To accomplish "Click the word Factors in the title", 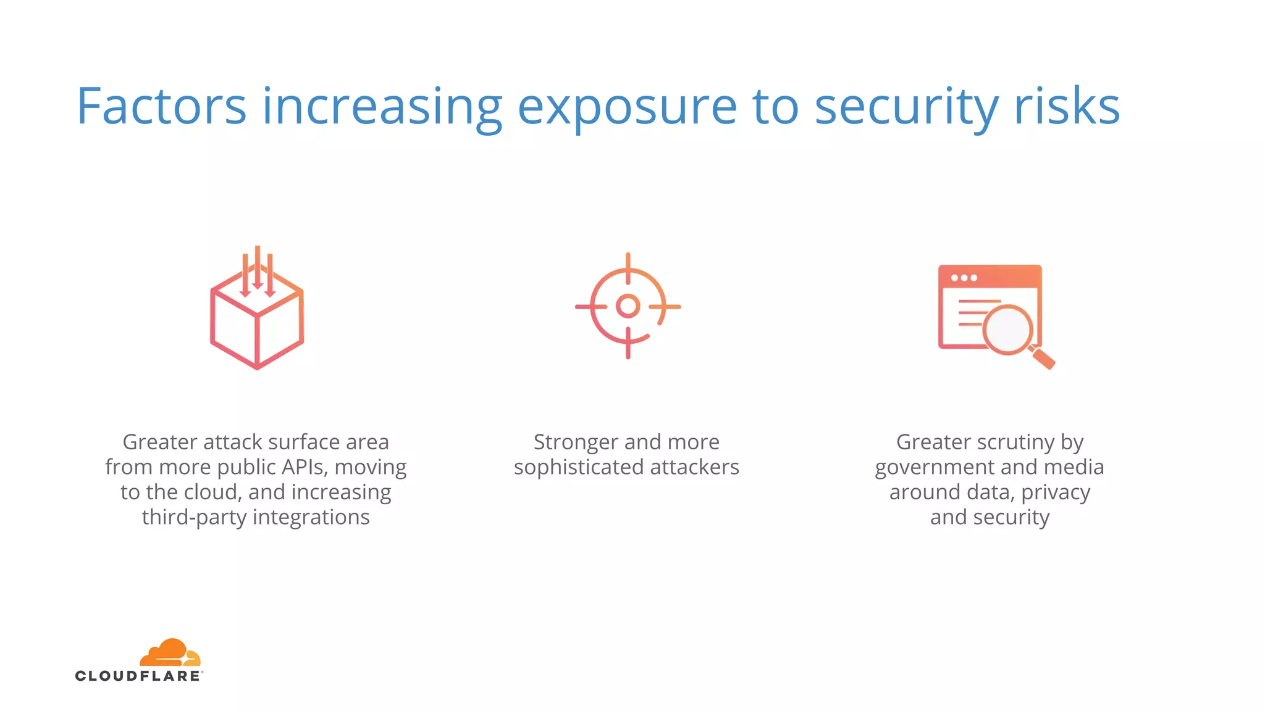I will [x=161, y=107].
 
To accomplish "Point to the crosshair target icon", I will [x=628, y=306].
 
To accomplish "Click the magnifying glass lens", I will [x=1007, y=330].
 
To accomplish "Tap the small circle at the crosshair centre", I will [x=628, y=306].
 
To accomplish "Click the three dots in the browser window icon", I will [x=964, y=278].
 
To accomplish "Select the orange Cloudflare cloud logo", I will [x=170, y=652].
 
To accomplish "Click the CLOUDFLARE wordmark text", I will [x=138, y=676].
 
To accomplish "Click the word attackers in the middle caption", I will [x=694, y=467].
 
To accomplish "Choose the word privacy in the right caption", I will [x=1055, y=493].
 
